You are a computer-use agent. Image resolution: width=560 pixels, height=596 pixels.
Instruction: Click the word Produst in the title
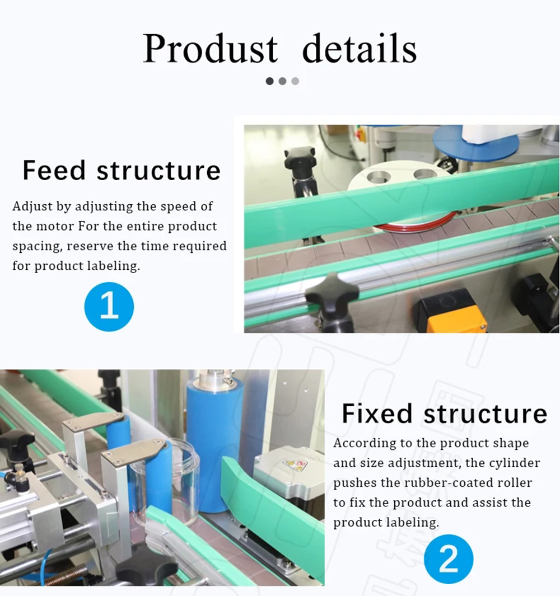(x=211, y=49)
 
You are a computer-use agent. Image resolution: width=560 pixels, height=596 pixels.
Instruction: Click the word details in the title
(x=360, y=48)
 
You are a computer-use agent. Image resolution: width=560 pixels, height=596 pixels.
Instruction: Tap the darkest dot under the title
(x=270, y=81)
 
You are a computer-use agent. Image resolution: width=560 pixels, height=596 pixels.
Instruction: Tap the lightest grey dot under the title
(x=295, y=81)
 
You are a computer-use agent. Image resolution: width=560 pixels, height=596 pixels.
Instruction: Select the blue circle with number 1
(x=109, y=306)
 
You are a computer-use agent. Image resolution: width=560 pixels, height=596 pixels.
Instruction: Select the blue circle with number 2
(x=449, y=559)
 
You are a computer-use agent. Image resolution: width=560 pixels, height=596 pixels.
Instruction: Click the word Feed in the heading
(x=54, y=170)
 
